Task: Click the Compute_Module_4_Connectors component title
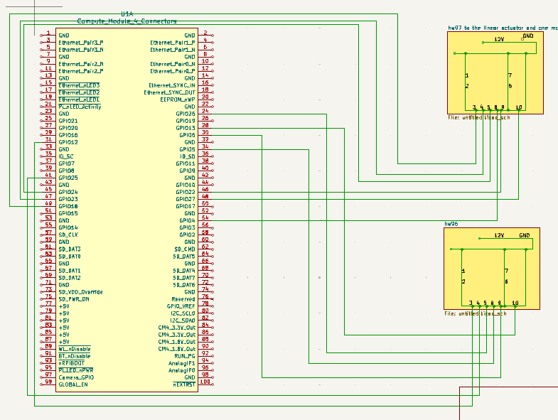(x=127, y=21)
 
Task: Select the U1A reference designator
(x=127, y=14)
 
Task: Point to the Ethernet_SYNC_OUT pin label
(x=169, y=92)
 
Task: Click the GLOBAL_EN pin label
(x=73, y=384)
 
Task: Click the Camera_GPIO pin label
(x=76, y=377)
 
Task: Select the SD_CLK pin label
(x=69, y=235)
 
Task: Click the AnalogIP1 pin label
(x=181, y=362)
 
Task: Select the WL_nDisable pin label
(x=75, y=348)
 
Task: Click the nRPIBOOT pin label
(x=71, y=362)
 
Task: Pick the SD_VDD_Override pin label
(x=80, y=291)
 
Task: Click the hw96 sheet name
(x=451, y=224)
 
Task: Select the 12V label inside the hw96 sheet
(x=498, y=235)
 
